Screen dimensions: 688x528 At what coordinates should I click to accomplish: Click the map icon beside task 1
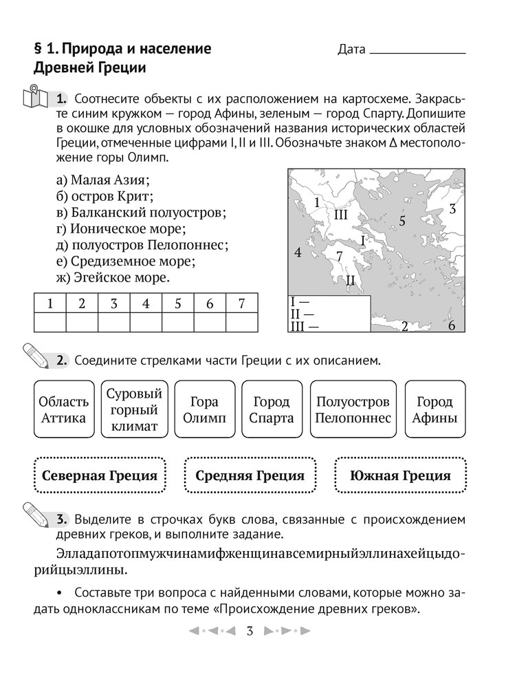[x=35, y=96]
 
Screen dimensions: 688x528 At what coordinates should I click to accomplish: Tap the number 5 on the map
[x=402, y=221]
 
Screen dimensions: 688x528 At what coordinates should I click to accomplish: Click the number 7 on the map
[x=339, y=256]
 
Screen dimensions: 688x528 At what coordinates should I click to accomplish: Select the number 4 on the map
[x=298, y=252]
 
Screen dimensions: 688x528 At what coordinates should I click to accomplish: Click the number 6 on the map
[x=452, y=326]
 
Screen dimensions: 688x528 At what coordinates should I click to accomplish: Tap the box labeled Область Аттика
[x=63, y=410]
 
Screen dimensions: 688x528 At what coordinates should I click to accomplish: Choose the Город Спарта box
[x=271, y=410]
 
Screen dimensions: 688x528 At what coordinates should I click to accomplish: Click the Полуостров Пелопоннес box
[x=353, y=410]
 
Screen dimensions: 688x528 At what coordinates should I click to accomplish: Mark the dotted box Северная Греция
[x=100, y=475]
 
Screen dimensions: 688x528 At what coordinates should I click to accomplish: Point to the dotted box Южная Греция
[x=400, y=475]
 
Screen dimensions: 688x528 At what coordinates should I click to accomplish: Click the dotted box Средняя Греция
[x=250, y=475]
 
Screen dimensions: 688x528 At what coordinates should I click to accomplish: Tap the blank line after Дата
[x=417, y=52]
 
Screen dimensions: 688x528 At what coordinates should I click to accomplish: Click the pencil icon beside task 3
[x=35, y=517]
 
